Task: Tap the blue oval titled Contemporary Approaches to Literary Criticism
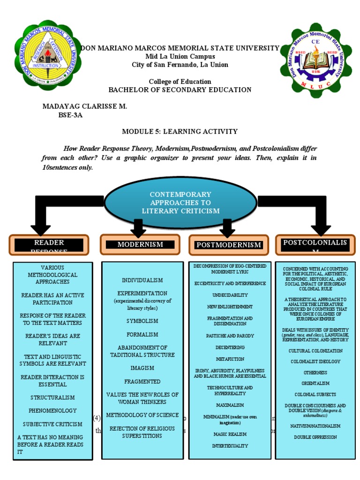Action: pyautogui.click(x=180, y=202)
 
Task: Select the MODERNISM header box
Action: pyautogui.click(x=140, y=245)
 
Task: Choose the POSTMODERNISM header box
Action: pyautogui.click(x=228, y=245)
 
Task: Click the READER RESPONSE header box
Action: pyautogui.click(x=49, y=245)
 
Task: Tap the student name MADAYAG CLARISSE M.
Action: pyautogui.click(x=85, y=106)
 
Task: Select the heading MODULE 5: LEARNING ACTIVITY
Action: pyautogui.click(x=180, y=132)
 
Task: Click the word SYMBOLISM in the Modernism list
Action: pyautogui.click(x=142, y=321)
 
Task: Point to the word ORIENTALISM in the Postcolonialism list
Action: pyautogui.click(x=315, y=383)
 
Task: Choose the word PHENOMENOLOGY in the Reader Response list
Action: pyautogui.click(x=52, y=411)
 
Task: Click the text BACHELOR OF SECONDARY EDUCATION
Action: pyautogui.click(x=180, y=90)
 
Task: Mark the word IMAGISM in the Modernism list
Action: pyautogui.click(x=142, y=368)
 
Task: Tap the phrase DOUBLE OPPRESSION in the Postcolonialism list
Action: pyautogui.click(x=315, y=437)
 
